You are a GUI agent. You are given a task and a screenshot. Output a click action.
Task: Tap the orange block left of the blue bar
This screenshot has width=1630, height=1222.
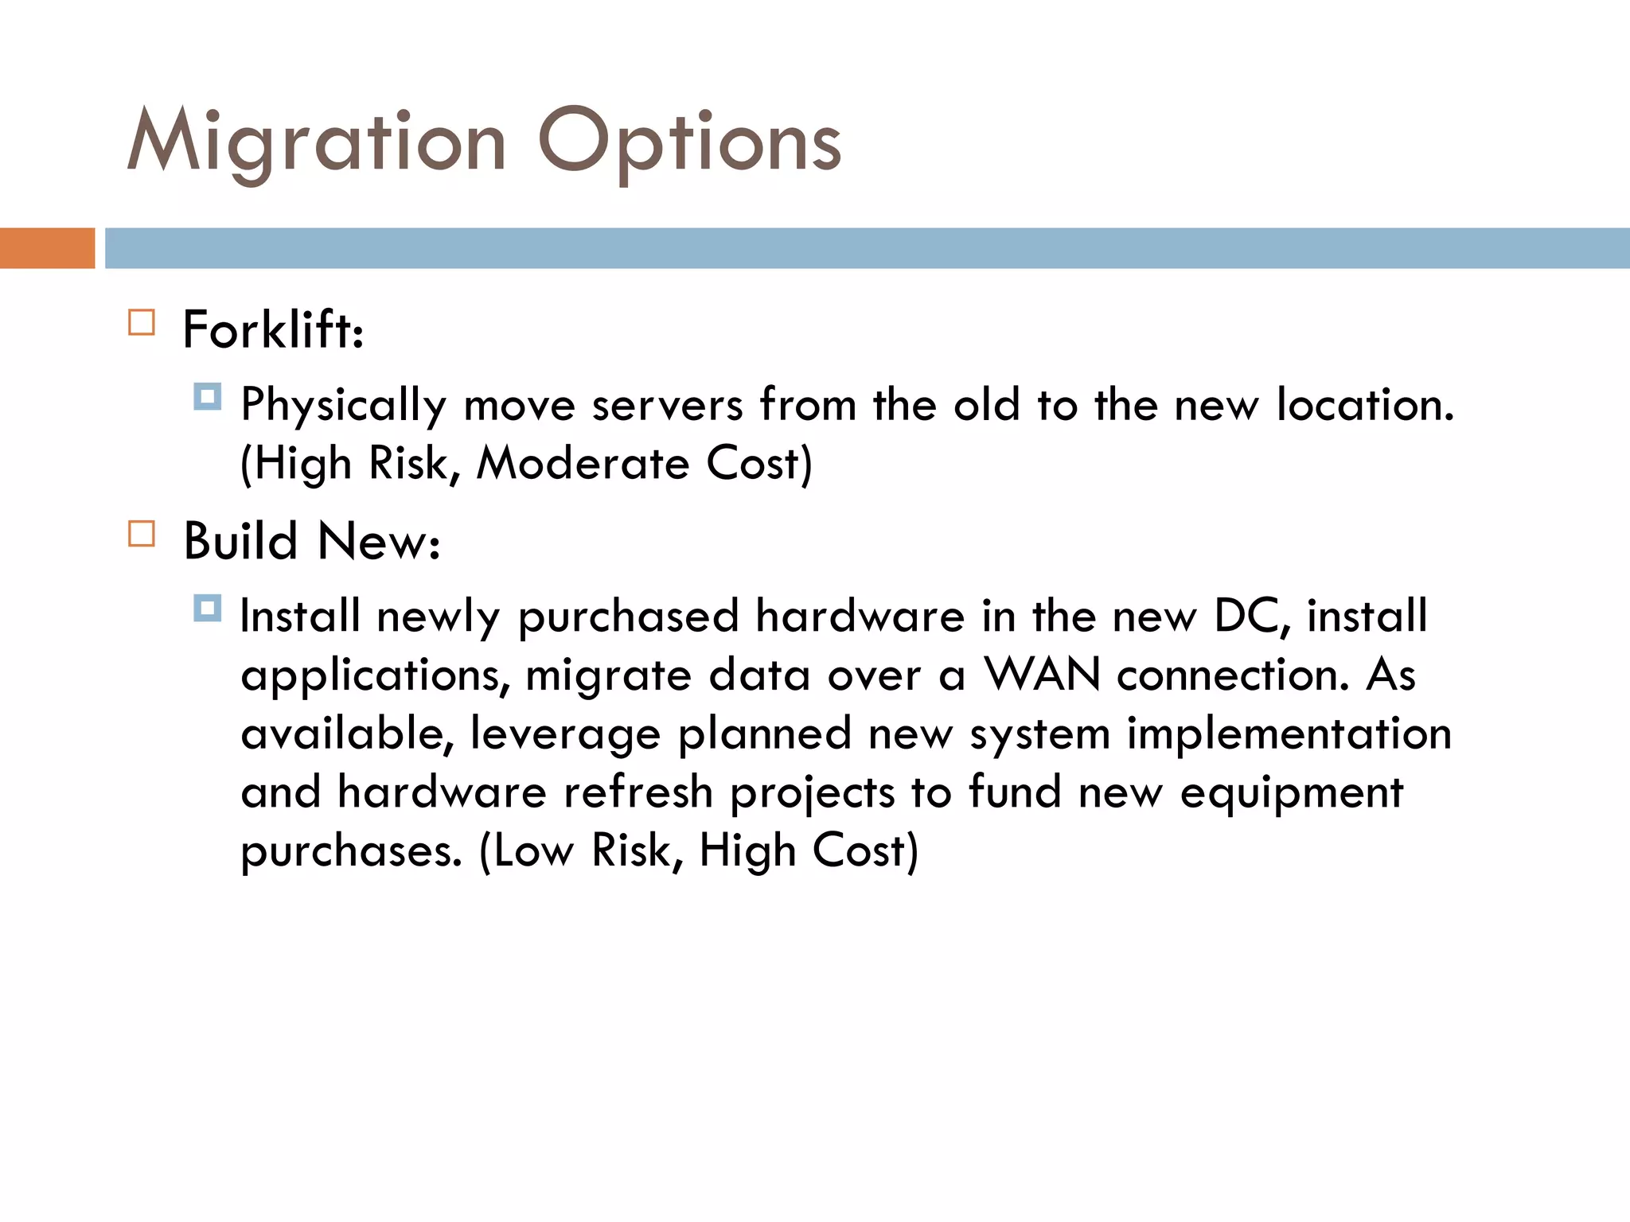tap(47, 248)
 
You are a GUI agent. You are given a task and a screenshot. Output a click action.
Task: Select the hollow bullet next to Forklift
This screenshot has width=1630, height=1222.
tap(142, 322)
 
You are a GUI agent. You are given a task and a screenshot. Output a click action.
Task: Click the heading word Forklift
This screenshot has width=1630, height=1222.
tap(273, 329)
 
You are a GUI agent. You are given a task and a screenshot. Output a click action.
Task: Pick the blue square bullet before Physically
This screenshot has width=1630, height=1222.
tap(207, 396)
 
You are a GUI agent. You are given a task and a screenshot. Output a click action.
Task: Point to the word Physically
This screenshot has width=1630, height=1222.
tap(344, 406)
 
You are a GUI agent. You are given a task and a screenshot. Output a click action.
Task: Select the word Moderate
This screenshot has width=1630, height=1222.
tap(583, 463)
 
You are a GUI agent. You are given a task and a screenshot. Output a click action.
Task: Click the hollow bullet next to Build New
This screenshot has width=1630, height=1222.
tap(142, 534)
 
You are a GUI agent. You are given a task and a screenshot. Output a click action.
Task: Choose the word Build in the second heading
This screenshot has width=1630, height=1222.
tap(240, 541)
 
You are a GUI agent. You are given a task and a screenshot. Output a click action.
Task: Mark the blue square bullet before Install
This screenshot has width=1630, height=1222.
tap(207, 609)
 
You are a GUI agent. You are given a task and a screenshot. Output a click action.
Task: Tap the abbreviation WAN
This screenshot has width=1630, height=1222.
tap(1043, 675)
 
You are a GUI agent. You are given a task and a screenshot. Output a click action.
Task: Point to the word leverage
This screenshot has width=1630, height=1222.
tap(565, 734)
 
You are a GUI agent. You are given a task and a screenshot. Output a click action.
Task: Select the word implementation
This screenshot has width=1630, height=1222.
tap(1289, 734)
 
